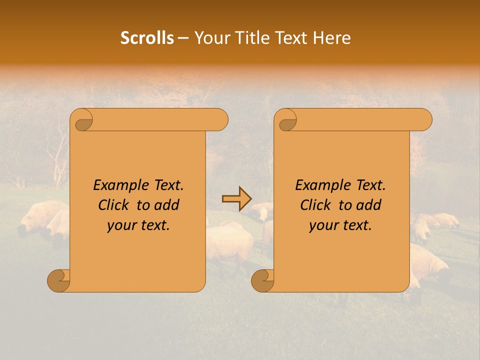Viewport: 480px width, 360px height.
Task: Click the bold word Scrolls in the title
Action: click(147, 38)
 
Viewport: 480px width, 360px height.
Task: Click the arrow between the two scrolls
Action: click(237, 198)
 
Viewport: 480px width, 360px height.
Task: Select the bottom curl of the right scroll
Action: click(263, 281)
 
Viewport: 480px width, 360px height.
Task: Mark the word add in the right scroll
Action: click(370, 205)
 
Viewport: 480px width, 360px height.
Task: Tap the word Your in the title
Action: click(211, 38)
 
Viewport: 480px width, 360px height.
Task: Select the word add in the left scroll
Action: click(168, 205)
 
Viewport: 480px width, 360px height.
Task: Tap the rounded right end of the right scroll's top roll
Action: click(425, 120)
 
